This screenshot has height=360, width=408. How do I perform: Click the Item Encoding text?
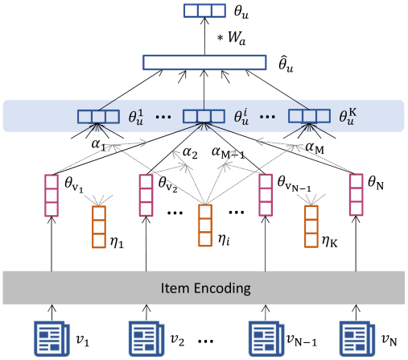tap(205, 288)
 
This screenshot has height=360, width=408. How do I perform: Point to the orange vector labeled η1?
tap(99, 227)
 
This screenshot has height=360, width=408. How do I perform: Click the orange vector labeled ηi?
tap(205, 226)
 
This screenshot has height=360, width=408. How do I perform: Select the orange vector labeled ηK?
tap(311, 226)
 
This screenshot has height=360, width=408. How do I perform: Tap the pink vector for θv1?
tap(52, 196)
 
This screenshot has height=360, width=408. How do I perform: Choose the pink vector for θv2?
tap(146, 195)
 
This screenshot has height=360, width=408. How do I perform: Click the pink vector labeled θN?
tap(356, 195)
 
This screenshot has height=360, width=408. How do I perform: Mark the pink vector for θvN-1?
tap(266, 195)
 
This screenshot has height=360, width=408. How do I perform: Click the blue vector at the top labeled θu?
tap(204, 10)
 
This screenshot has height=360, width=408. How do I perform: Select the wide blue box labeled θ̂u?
tap(204, 62)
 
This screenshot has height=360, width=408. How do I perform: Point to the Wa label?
tap(237, 38)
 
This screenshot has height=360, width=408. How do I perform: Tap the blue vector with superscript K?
tap(309, 116)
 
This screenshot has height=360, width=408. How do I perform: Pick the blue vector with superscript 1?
tap(98, 117)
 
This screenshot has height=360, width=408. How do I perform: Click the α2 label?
tap(190, 153)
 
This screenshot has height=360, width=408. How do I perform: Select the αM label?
tap(315, 148)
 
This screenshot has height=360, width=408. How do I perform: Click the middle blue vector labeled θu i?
tap(204, 116)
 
